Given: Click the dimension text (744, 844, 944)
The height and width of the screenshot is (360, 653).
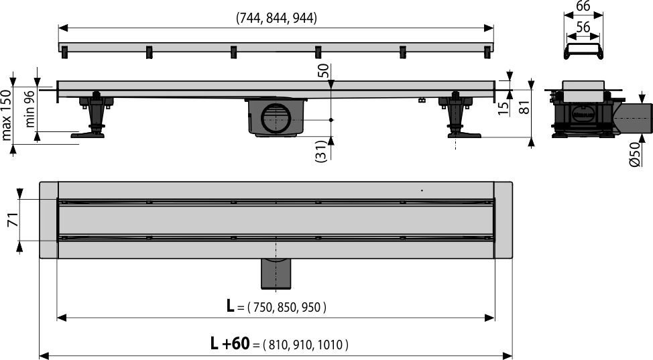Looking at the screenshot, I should (276, 19).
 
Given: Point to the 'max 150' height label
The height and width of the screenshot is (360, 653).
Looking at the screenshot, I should (7, 115).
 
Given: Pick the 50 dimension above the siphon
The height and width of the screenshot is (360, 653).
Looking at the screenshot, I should (323, 71).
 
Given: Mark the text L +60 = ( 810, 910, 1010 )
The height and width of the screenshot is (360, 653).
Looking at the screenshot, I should (278, 345).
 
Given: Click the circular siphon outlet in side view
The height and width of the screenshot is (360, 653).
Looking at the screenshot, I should (275, 119).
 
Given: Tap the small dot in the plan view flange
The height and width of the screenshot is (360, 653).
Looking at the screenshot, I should (422, 190).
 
